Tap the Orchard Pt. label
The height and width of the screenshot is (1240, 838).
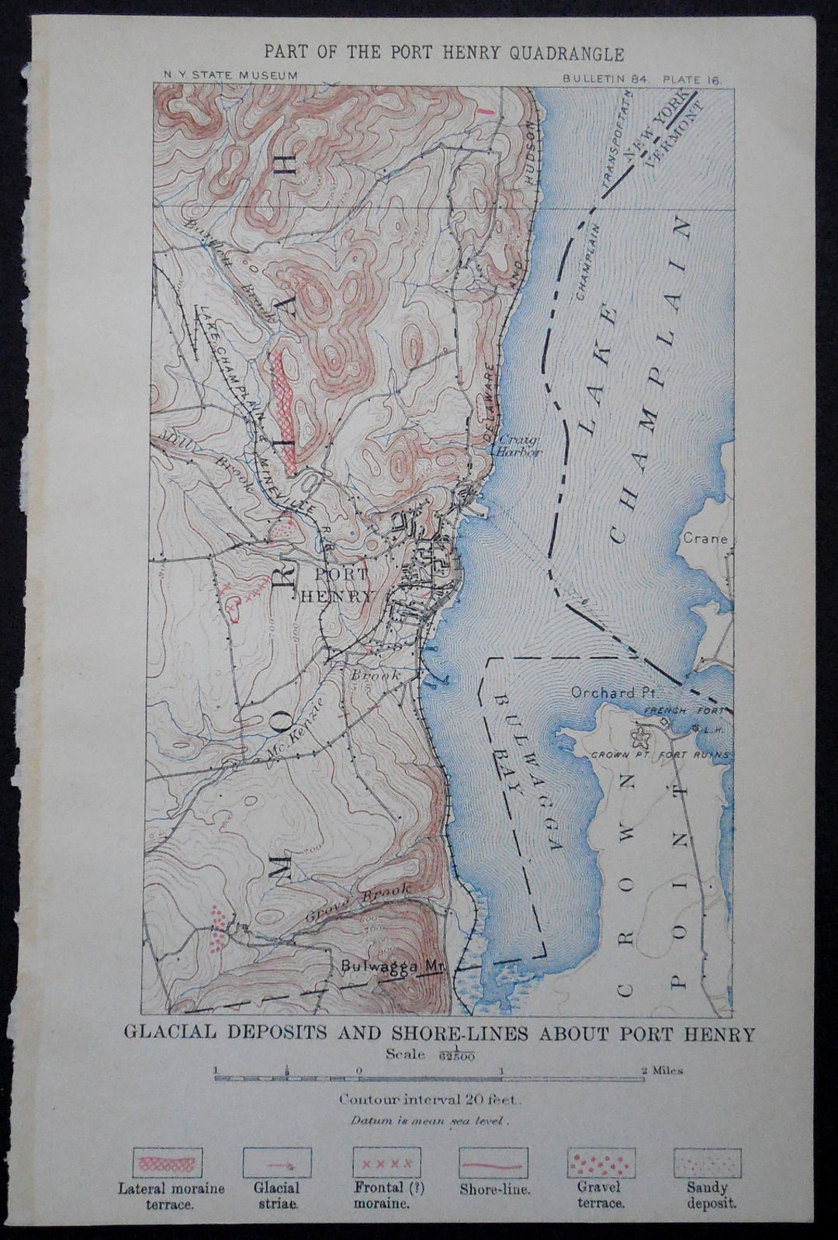(603, 692)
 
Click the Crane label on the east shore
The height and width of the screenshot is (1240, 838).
(705, 539)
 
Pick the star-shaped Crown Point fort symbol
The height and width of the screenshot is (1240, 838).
(643, 731)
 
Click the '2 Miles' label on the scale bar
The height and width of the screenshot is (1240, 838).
(662, 1071)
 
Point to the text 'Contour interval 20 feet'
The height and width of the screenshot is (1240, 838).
(423, 1099)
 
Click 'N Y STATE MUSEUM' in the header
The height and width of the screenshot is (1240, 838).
(230, 75)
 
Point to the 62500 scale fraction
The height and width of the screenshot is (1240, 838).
(456, 1056)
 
